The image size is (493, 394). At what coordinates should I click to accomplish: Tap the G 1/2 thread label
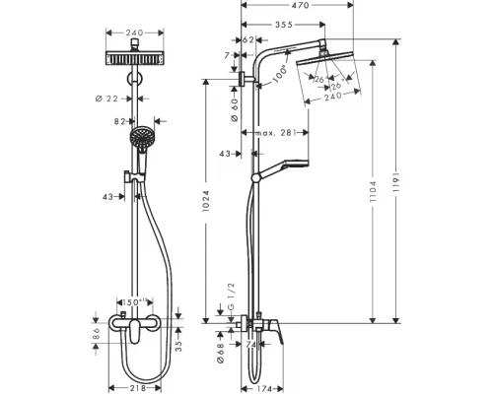(230, 296)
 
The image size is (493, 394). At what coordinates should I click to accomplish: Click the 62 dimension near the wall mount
(249, 40)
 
